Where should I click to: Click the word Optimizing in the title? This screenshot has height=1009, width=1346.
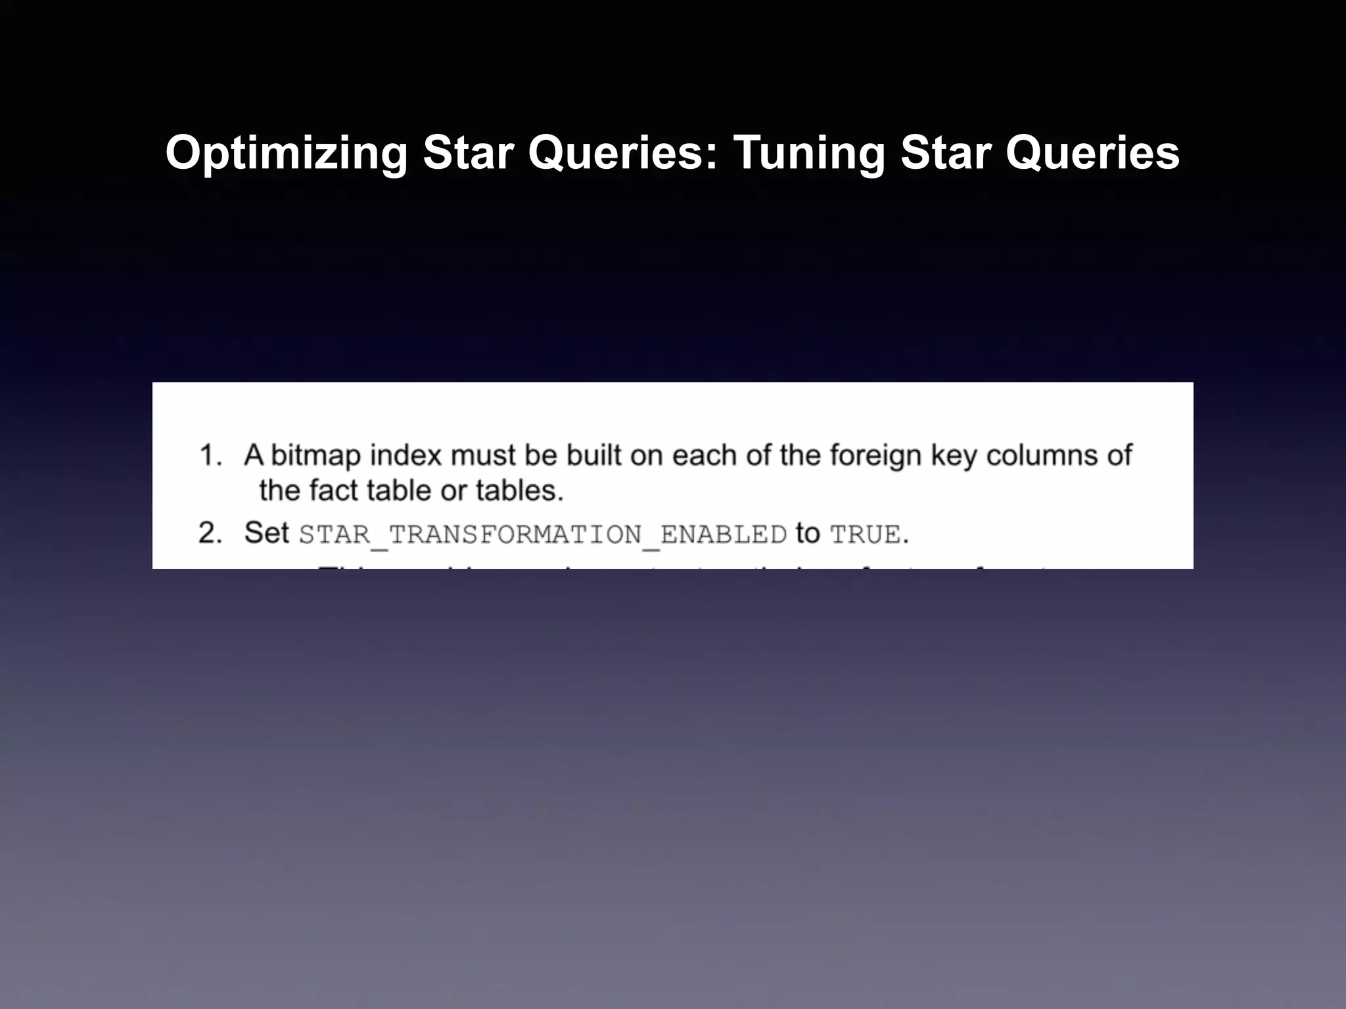click(x=287, y=153)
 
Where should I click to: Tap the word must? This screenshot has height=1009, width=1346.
click(x=483, y=455)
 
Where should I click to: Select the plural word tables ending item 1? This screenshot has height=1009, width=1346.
click(x=519, y=491)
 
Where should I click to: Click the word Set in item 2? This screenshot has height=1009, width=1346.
click(x=266, y=533)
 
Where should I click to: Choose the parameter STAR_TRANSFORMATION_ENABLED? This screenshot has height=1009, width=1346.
click(x=542, y=535)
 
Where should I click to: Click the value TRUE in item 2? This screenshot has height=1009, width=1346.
click(x=865, y=535)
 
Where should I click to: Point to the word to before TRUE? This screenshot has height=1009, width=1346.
click(x=808, y=533)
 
